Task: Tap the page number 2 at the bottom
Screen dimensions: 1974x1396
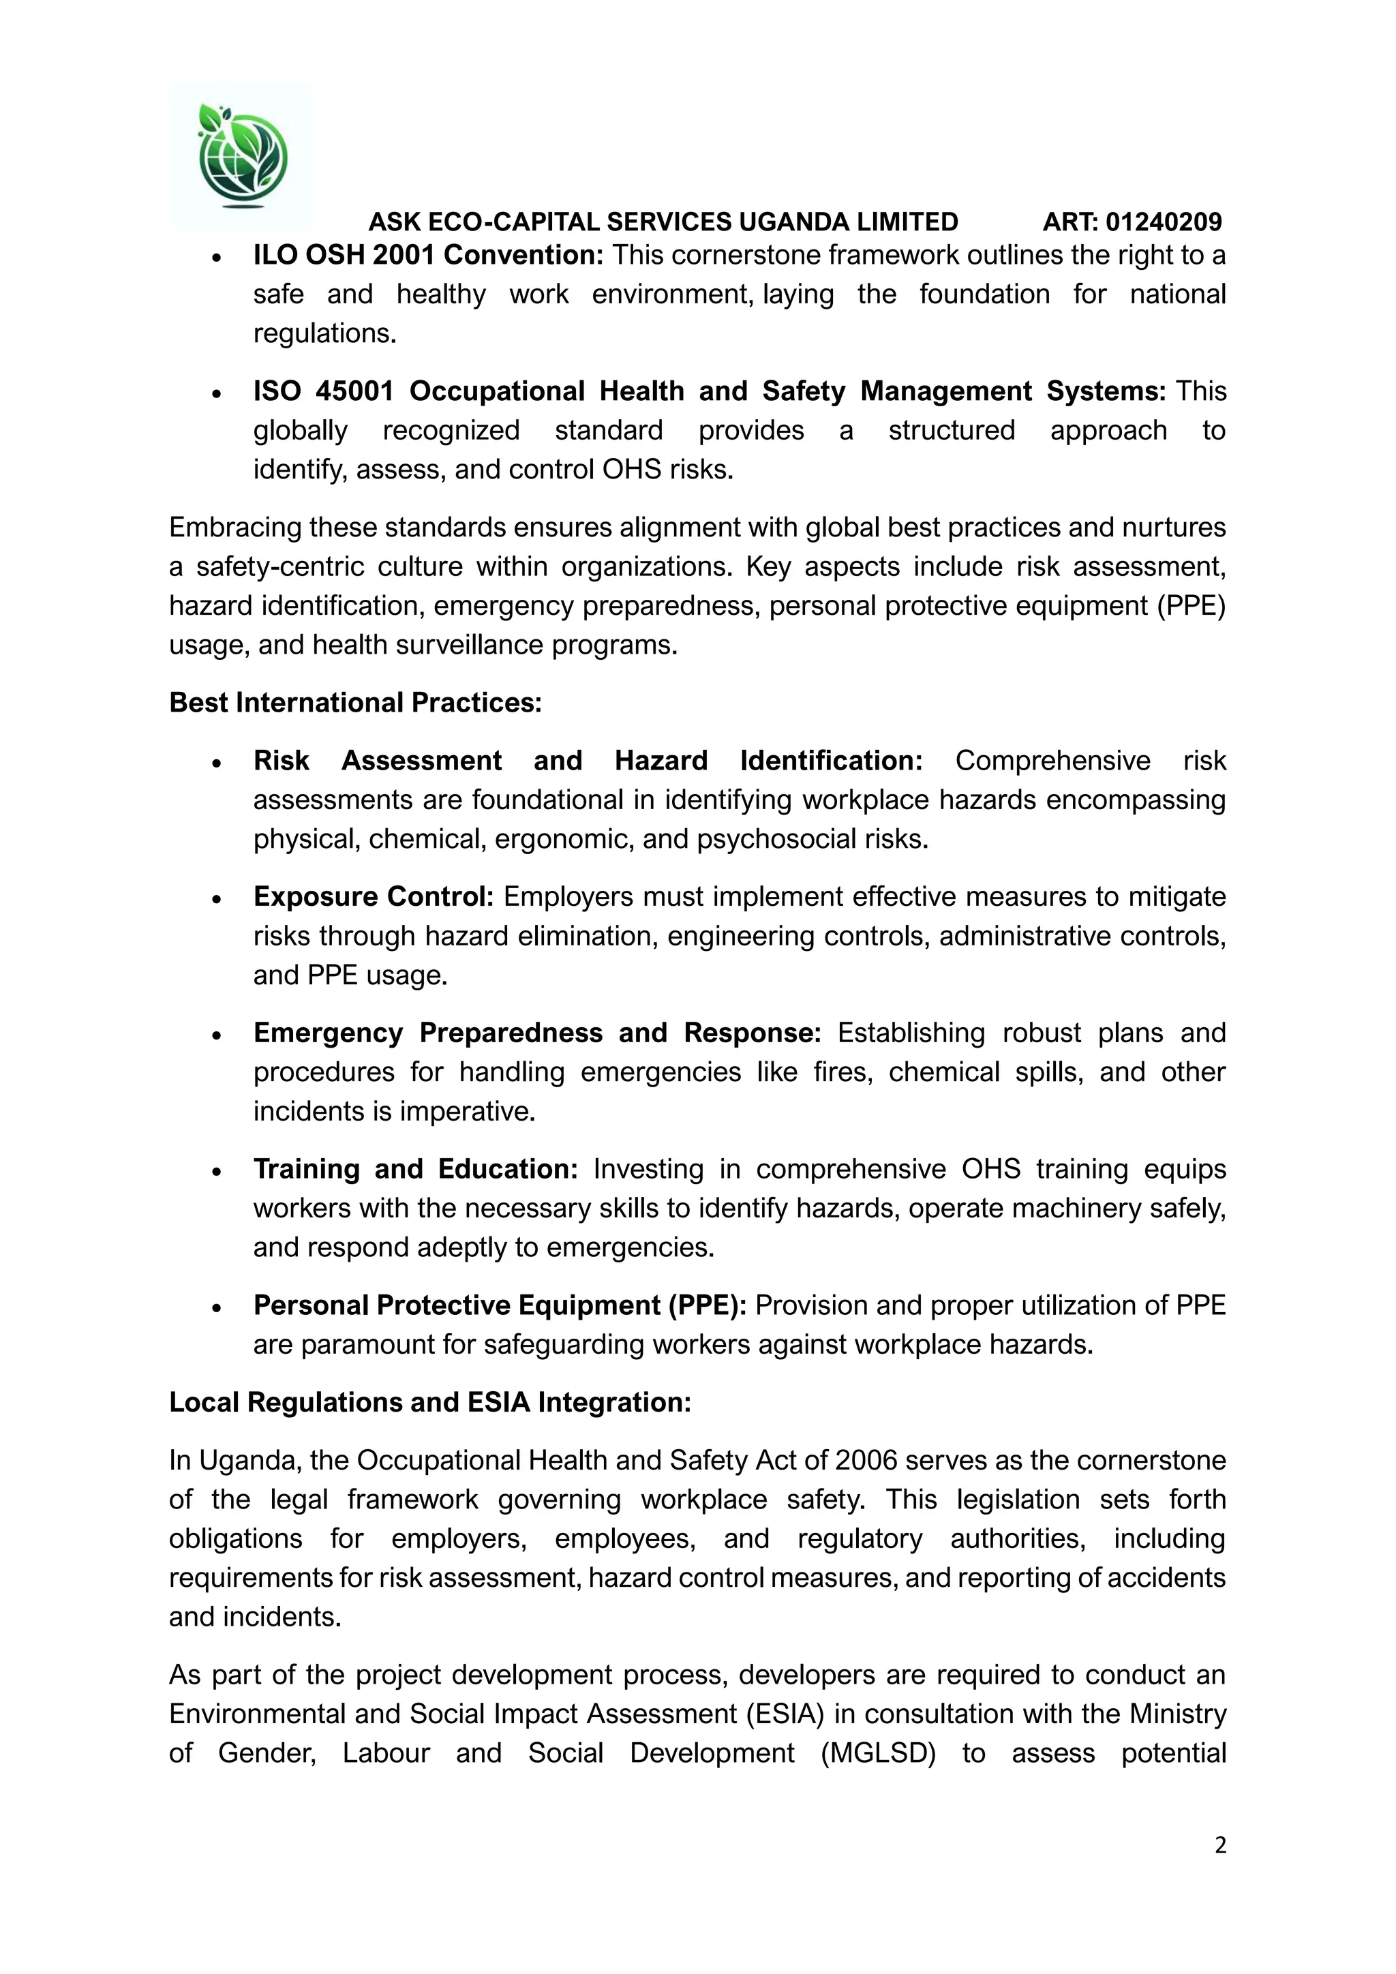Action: click(1219, 1845)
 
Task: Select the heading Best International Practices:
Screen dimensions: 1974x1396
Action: click(355, 703)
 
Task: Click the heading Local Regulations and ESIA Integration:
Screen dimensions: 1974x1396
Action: click(430, 1402)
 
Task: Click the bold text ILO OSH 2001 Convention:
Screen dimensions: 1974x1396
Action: click(428, 256)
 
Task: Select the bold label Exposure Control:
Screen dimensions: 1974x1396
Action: click(373, 897)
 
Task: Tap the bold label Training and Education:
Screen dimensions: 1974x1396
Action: click(415, 1169)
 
